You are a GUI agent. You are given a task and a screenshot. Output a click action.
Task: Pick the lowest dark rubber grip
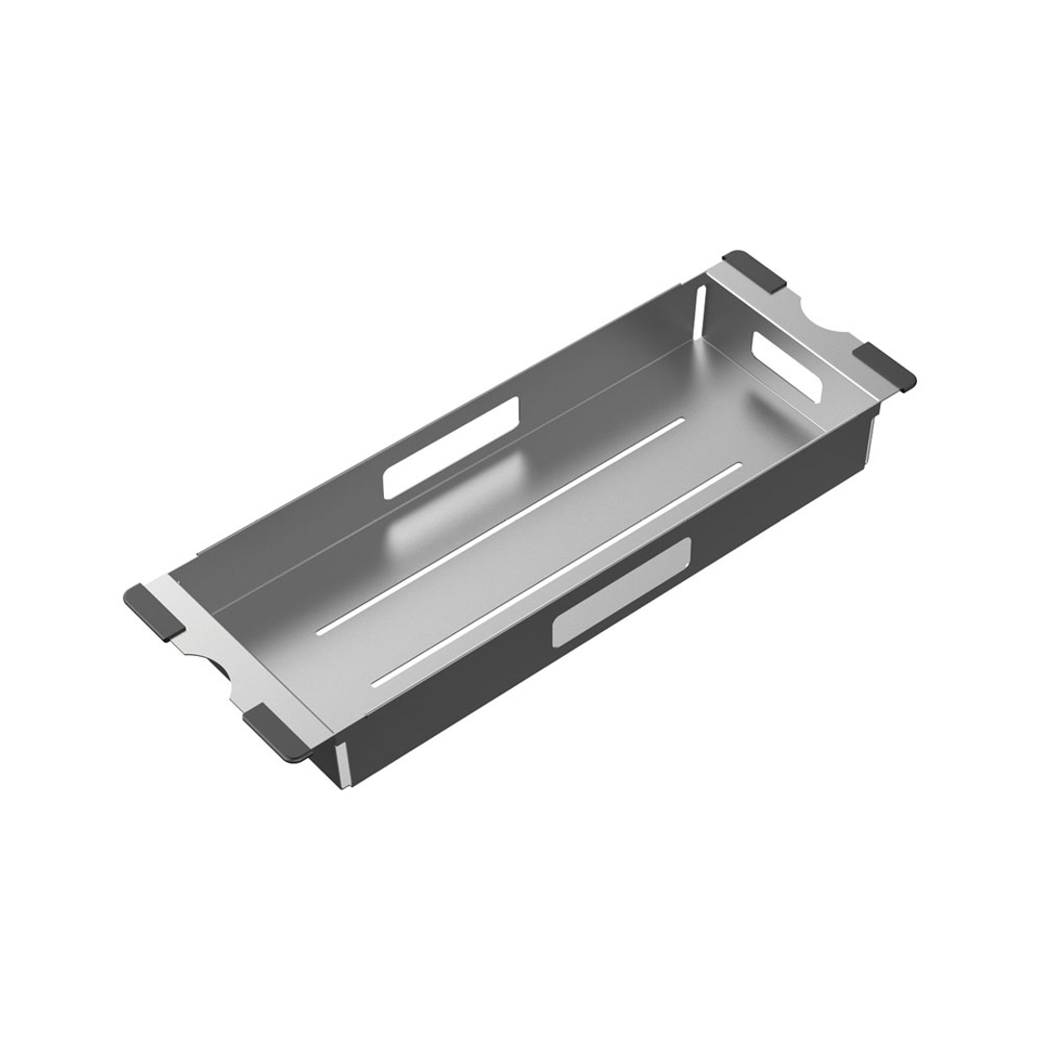pos(278,732)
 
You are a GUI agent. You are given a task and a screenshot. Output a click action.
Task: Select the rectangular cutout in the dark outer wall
pos(621,591)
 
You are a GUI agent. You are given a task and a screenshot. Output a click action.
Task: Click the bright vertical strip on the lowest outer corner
pos(342,766)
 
